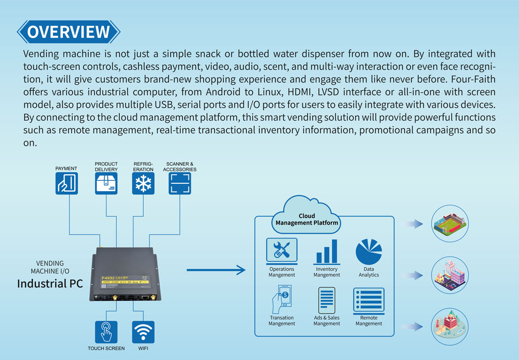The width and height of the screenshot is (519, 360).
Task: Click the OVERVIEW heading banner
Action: [69, 31]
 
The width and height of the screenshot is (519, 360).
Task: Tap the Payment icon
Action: [66, 183]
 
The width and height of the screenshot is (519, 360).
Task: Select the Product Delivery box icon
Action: [106, 183]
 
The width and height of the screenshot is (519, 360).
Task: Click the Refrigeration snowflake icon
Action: [143, 183]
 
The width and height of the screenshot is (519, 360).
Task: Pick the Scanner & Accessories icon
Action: [180, 183]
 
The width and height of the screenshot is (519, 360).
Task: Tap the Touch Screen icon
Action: [106, 332]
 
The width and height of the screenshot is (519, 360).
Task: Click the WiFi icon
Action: [143, 332]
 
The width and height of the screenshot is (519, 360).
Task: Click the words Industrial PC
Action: [50, 284]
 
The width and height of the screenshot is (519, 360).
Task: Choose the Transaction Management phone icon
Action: [281, 300]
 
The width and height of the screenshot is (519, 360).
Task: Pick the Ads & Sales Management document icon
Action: [326, 300]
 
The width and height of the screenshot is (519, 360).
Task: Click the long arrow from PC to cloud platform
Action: [215, 270]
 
